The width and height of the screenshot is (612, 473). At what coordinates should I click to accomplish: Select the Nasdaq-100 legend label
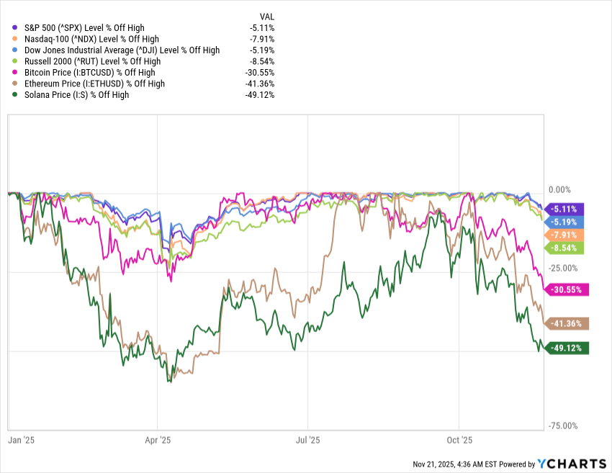pos(91,39)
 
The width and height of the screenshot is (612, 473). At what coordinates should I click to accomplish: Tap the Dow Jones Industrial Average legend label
pos(122,50)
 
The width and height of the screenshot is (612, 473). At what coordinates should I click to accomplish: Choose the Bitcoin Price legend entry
pos(89,73)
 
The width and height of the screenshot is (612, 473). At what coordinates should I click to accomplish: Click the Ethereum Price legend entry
pos(94,84)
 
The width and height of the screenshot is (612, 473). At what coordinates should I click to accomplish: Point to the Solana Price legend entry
pos(76,94)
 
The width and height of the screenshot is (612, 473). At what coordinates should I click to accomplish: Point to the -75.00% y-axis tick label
pos(562,425)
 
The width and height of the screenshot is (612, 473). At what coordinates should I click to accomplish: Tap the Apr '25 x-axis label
pos(158,439)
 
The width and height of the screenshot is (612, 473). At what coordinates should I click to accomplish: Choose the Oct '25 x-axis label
pos(459,439)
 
